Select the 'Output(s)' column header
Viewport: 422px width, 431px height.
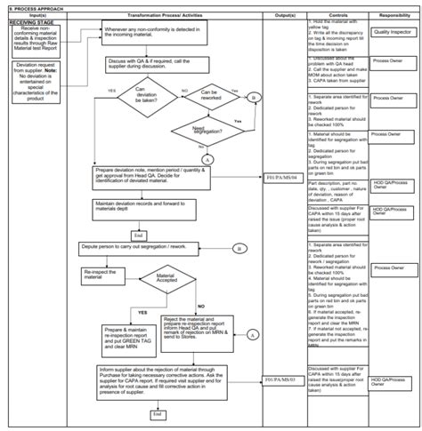(x=286, y=15)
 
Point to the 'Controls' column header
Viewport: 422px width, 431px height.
(x=337, y=15)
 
